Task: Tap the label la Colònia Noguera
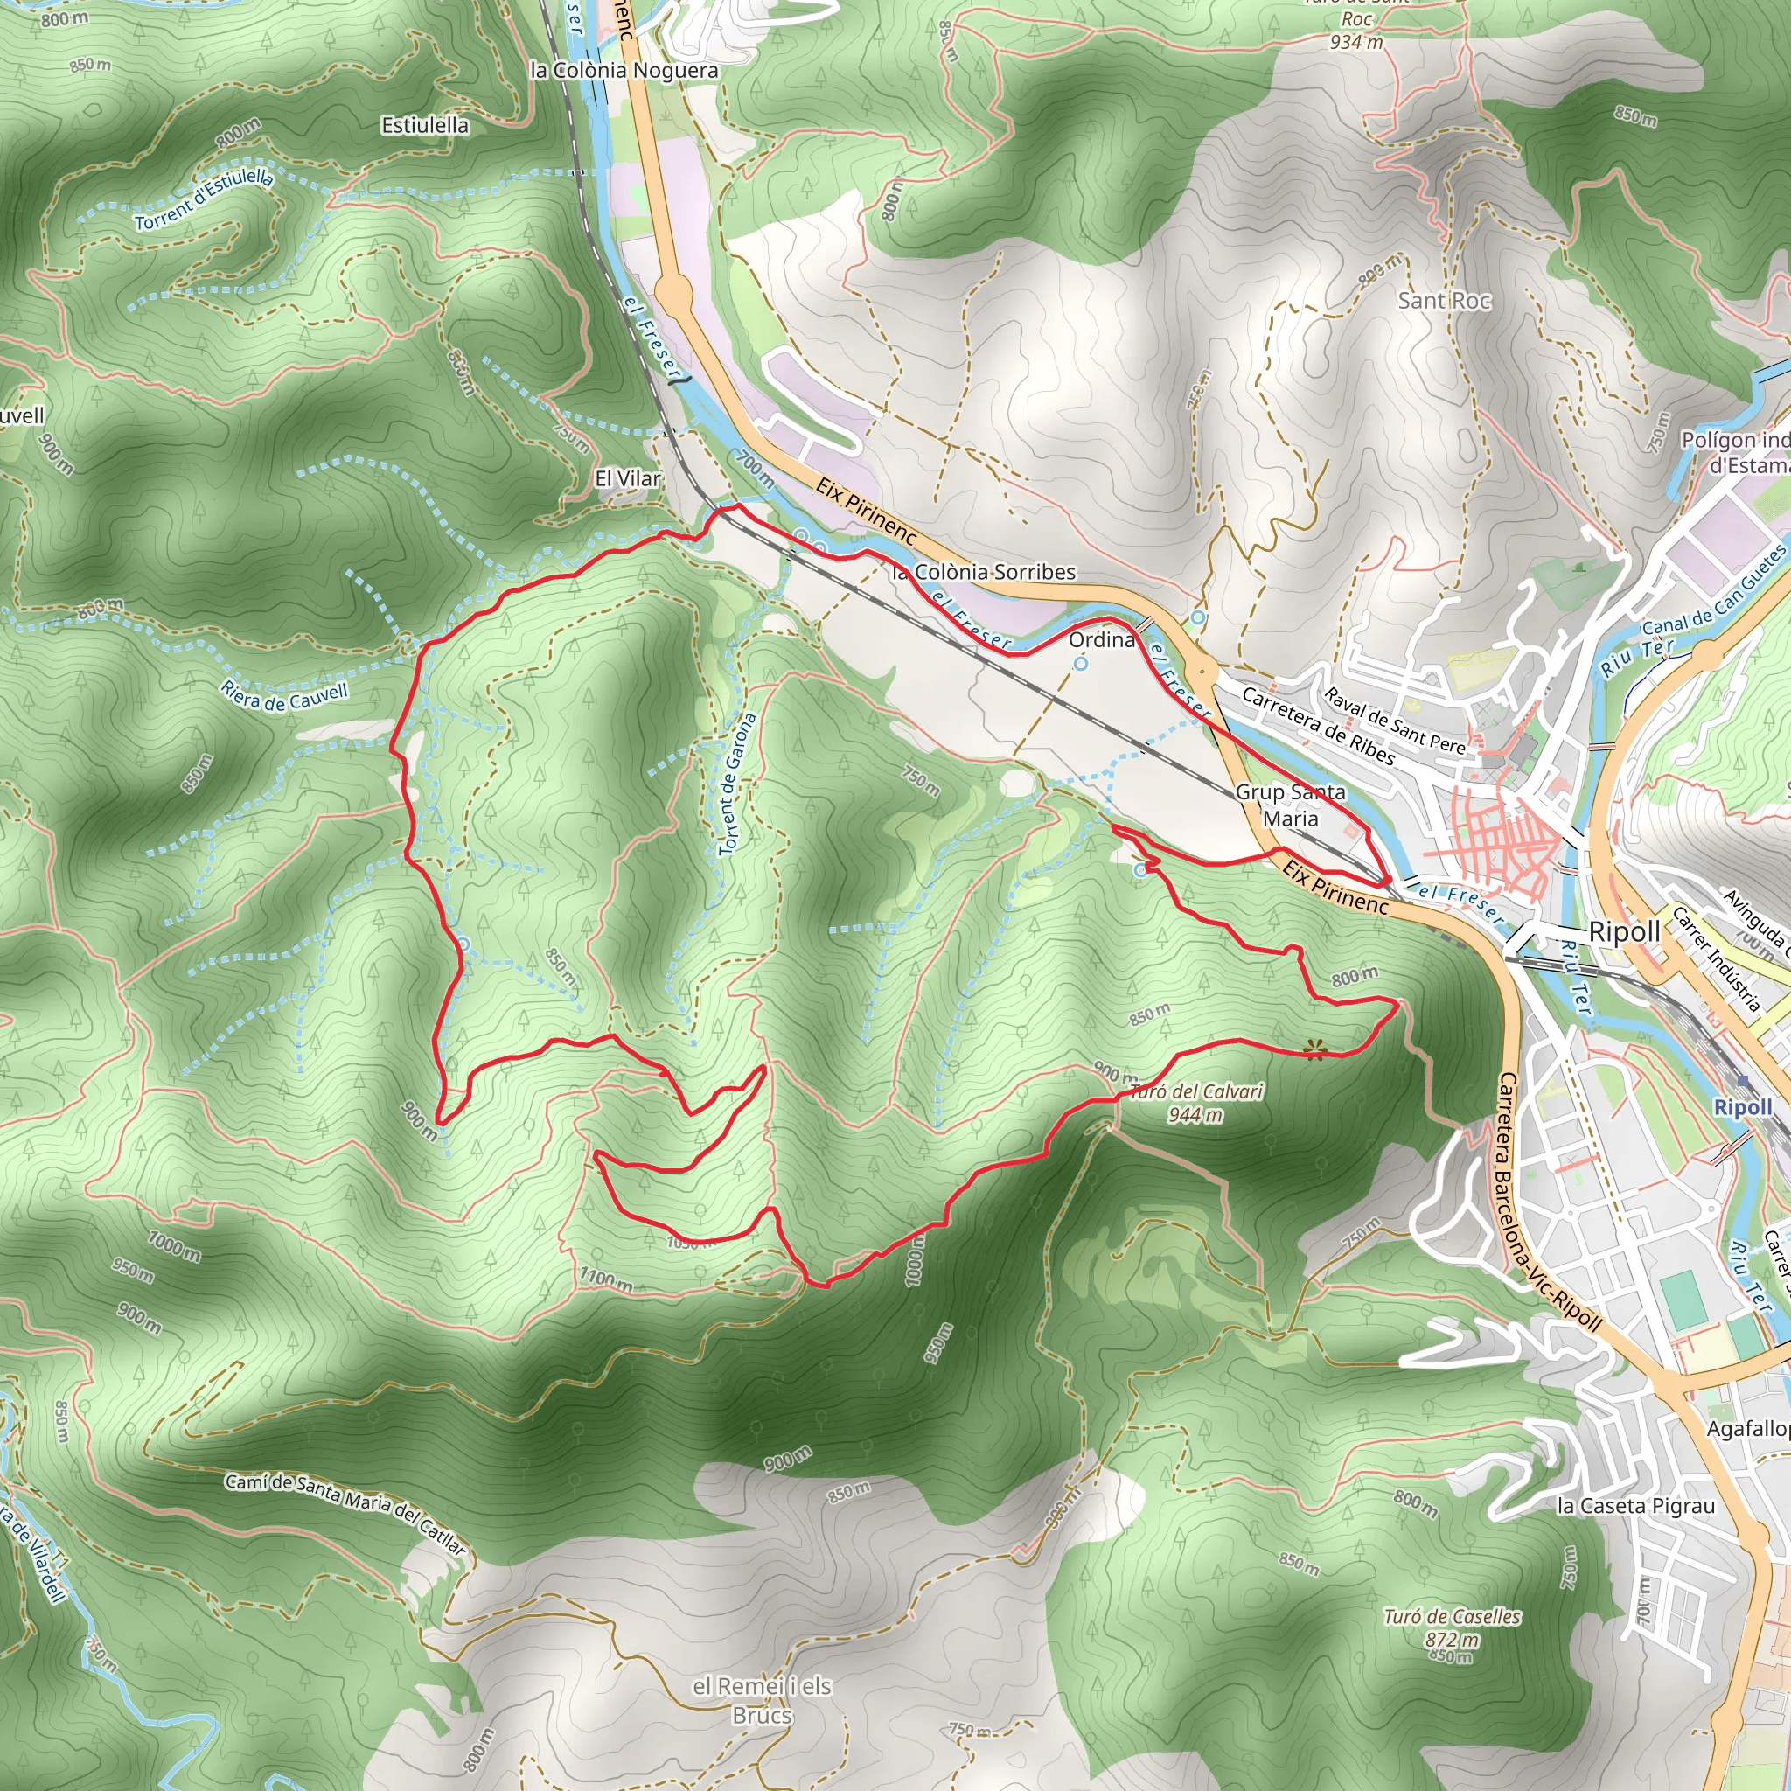pos(623,71)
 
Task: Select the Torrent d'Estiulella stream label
pos(204,199)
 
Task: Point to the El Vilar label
pos(628,478)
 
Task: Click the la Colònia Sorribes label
pos(984,572)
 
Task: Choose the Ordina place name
pos(1101,639)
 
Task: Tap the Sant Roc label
pos(1443,300)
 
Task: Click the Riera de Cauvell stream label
pos(283,695)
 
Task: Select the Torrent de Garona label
pos(738,784)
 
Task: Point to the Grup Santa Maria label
pos(1290,805)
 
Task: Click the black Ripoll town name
pos(1624,932)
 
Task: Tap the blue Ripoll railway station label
pos(1742,1107)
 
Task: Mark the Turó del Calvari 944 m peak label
pos(1195,1102)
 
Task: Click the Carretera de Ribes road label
pos(1317,726)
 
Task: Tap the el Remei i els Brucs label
pos(761,1700)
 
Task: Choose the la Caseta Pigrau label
pos(1635,1507)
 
